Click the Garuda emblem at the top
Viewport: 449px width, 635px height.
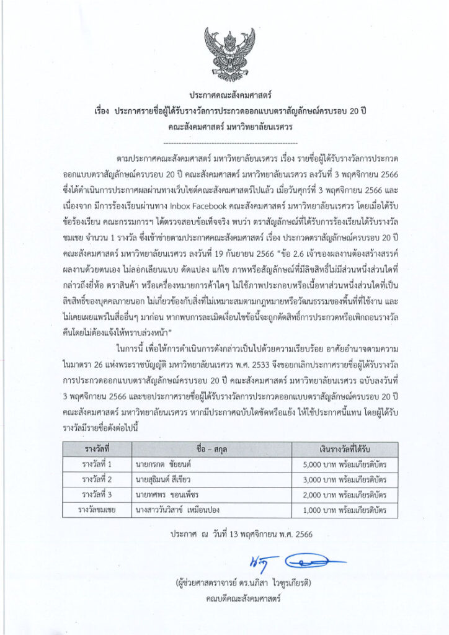click(x=225, y=50)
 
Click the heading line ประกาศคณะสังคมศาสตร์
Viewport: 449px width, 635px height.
click(x=224, y=96)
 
